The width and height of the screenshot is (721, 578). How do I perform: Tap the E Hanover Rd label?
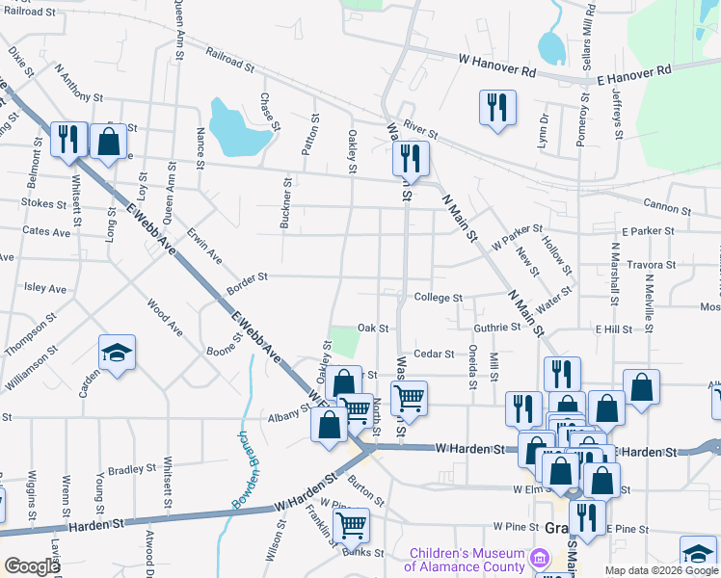pos(634,75)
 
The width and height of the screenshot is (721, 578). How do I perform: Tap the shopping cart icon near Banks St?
pos(351,526)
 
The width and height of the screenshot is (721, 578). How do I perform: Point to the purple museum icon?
pos(539,560)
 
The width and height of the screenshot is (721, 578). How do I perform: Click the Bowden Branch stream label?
pos(242,470)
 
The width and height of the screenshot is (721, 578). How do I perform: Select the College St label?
pos(439,299)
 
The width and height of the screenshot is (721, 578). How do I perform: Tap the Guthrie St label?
pos(496,328)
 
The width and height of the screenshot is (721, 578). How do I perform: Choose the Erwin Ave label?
pos(204,247)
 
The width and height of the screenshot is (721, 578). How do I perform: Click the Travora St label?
pos(650,265)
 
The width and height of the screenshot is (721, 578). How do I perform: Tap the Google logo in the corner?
pos(32,566)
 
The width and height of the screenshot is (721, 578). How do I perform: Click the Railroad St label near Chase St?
pos(228,63)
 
